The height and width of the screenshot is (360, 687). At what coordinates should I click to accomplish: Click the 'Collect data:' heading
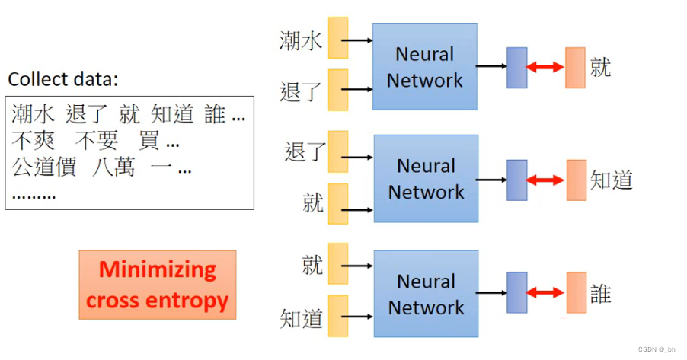coord(63,79)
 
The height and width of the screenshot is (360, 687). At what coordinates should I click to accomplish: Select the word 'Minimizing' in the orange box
coord(158,269)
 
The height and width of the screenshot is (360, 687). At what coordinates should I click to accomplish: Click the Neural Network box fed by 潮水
coord(424,66)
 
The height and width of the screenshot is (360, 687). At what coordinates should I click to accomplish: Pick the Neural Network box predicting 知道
coord(426,179)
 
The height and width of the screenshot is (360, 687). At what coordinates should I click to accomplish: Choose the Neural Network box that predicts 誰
coord(426,294)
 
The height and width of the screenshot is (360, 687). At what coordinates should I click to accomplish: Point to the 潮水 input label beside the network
coord(301,40)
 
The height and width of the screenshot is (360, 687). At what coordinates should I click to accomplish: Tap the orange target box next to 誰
coord(576,294)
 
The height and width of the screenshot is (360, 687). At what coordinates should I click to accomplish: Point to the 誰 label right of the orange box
coord(601,294)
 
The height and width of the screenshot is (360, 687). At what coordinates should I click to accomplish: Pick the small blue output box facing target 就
coord(516,67)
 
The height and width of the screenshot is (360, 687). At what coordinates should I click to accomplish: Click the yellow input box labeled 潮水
coord(337,38)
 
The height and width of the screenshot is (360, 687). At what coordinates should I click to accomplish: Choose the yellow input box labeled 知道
coord(337,316)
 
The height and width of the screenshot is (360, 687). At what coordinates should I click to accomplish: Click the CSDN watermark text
coord(656,348)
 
